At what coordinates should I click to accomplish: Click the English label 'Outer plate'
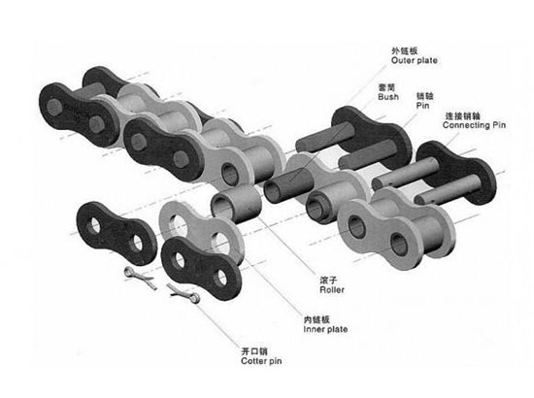pyautogui.click(x=415, y=60)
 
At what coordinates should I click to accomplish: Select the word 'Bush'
pyautogui.click(x=388, y=97)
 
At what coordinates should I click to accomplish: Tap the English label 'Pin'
pyautogui.click(x=422, y=106)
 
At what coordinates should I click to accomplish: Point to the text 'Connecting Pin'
pyautogui.click(x=474, y=125)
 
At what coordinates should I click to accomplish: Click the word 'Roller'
pyautogui.click(x=332, y=289)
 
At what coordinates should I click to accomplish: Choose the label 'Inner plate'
pyautogui.click(x=325, y=329)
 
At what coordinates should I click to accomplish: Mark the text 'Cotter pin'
pyautogui.click(x=261, y=361)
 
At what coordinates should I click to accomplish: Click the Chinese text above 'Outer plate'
pyautogui.click(x=404, y=51)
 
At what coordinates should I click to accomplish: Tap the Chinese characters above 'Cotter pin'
pyautogui.click(x=254, y=351)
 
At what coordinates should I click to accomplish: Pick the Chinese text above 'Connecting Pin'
pyautogui.click(x=463, y=116)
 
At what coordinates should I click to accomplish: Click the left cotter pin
pyautogui.click(x=140, y=278)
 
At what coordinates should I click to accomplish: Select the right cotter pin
pyautogui.click(x=184, y=293)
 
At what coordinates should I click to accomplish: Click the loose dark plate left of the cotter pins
pyautogui.click(x=117, y=233)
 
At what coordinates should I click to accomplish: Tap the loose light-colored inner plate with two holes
pyautogui.click(x=201, y=231)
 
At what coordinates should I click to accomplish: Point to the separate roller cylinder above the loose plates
pyautogui.click(x=236, y=204)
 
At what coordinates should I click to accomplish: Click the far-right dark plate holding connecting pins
pyautogui.click(x=456, y=173)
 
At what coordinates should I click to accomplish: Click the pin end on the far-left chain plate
pyautogui.click(x=54, y=106)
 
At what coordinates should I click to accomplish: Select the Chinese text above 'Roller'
pyautogui.click(x=328, y=281)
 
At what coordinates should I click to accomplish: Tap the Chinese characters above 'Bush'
pyautogui.click(x=386, y=87)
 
